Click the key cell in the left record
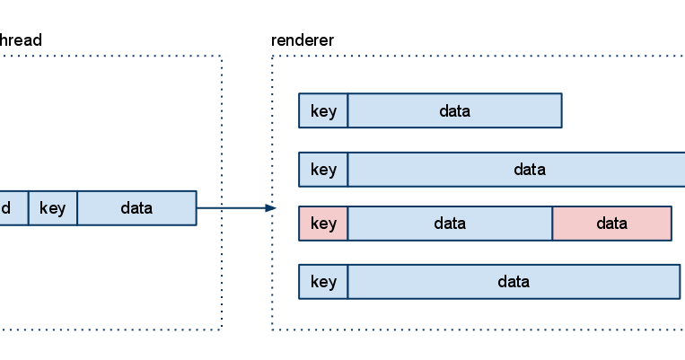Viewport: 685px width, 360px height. pyautogui.click(x=52, y=208)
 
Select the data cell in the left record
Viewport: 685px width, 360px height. pyautogui.click(x=136, y=208)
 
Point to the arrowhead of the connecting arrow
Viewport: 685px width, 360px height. pyautogui.click(x=271, y=208)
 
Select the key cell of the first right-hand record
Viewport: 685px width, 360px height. pyautogui.click(x=323, y=111)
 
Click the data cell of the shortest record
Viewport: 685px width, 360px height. pyautogui.click(x=454, y=111)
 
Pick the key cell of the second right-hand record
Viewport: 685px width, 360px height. pyautogui.click(x=323, y=170)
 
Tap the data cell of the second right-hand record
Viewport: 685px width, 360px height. pyautogui.click(x=516, y=170)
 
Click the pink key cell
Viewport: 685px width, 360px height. pyautogui.click(x=323, y=224)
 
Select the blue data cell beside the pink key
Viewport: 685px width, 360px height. pyautogui.click(x=450, y=224)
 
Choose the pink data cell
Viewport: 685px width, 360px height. pyautogui.click(x=611, y=224)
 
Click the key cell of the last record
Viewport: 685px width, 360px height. pyautogui.click(x=323, y=282)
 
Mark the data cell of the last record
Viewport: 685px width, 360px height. pyautogui.click(x=514, y=282)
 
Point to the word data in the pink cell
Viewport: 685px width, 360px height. pyautogui.click(x=611, y=224)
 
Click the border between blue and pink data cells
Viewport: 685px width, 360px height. pyautogui.click(x=552, y=224)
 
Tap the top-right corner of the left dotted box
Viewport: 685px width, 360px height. pyautogui.click(x=221, y=57)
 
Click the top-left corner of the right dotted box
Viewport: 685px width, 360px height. pyautogui.click(x=272, y=57)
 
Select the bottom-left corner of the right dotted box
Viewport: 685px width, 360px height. pyautogui.click(x=272, y=329)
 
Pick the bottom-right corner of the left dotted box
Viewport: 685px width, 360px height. pyautogui.click(x=221, y=329)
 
